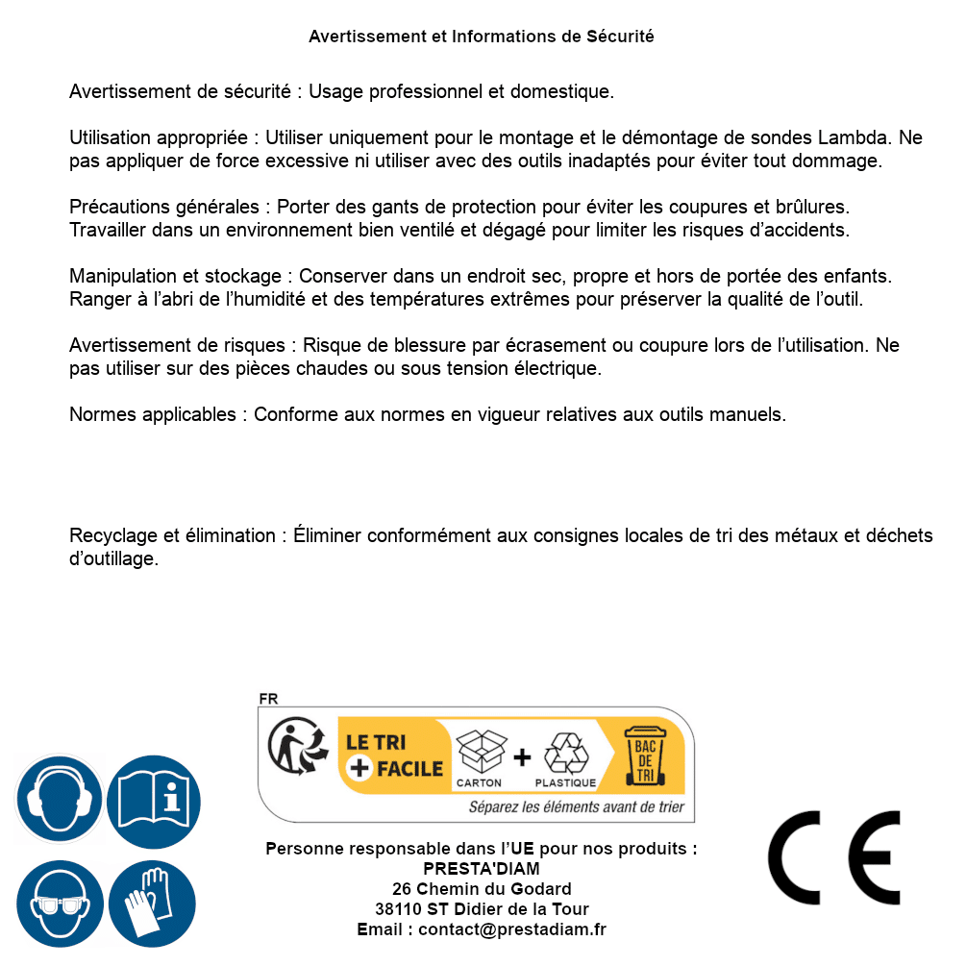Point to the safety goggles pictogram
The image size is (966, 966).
click(59, 904)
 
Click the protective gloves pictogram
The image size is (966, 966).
click(153, 904)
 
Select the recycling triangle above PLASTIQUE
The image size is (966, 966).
click(565, 752)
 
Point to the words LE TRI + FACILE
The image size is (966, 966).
click(394, 755)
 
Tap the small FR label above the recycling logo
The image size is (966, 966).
click(268, 699)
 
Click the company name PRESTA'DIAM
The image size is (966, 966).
click(481, 869)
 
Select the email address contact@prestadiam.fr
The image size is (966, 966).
click(512, 929)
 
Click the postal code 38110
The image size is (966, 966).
click(398, 909)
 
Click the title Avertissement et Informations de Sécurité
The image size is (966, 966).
click(481, 37)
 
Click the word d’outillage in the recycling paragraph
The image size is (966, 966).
click(113, 558)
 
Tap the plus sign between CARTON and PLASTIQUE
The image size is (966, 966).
click(522, 757)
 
